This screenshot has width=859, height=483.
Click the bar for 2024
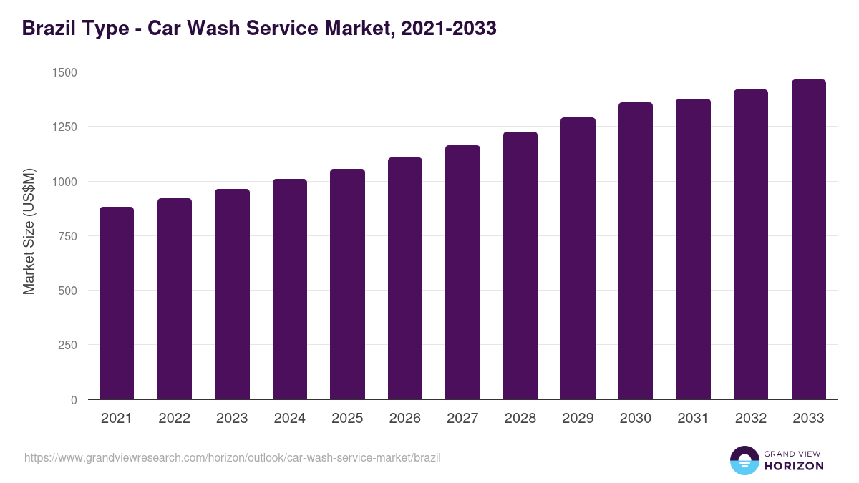click(x=289, y=289)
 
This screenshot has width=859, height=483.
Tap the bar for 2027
click(x=462, y=272)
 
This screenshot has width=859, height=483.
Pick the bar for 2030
click(x=636, y=250)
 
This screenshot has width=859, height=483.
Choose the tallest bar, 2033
click(x=808, y=239)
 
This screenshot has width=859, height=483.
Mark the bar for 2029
click(x=578, y=258)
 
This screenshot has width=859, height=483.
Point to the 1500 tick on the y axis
click(x=64, y=72)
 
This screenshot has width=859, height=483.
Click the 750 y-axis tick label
click(x=67, y=236)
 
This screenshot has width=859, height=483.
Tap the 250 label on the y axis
click(x=67, y=345)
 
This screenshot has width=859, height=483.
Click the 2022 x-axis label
click(x=174, y=419)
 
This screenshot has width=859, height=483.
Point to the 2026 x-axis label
click(x=404, y=419)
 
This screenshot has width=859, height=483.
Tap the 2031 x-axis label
click(x=693, y=419)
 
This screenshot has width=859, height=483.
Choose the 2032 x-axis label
click(x=751, y=419)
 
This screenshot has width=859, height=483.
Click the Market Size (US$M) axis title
click(x=29, y=231)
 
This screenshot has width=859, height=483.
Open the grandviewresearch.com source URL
click(x=233, y=457)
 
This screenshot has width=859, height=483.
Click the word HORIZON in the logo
click(x=795, y=466)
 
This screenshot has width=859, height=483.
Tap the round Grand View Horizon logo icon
click(x=744, y=460)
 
